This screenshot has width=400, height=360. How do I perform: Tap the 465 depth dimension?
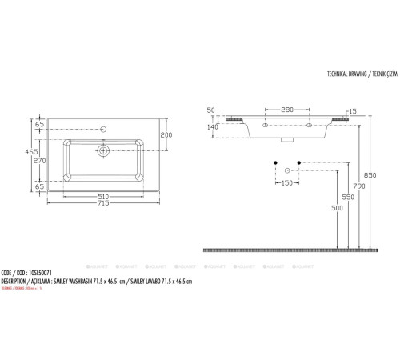[31, 151]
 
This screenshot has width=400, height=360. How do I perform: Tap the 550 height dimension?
[349, 196]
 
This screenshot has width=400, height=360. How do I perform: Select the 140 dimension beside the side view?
[214, 126]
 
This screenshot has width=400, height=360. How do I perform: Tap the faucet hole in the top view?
[103, 127]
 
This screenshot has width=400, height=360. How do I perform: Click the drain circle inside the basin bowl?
[103, 150]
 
